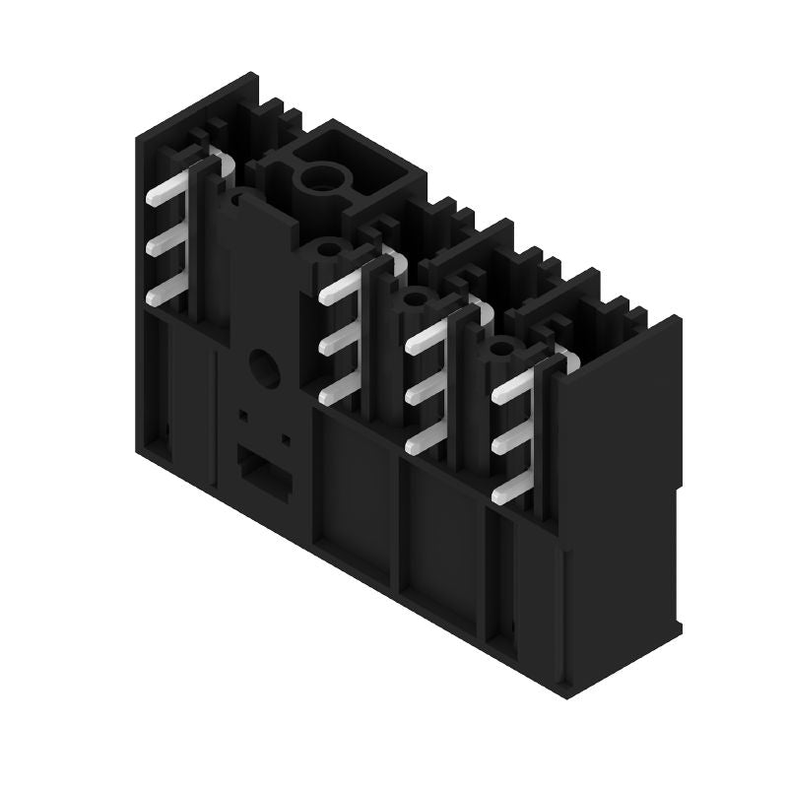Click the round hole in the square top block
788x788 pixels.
coord(320,179)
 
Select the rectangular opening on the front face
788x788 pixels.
coord(261,474)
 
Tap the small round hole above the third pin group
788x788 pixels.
coord(416,297)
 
